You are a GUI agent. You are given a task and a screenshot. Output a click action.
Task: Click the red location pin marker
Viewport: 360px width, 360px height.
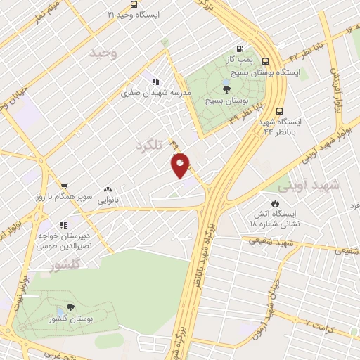(181, 165)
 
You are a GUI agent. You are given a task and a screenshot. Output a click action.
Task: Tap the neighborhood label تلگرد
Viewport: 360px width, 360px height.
(149, 146)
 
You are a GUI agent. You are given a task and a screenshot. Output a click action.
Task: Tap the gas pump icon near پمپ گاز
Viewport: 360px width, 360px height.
(241, 50)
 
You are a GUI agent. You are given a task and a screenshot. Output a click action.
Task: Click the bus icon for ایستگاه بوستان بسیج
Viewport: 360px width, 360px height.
(265, 61)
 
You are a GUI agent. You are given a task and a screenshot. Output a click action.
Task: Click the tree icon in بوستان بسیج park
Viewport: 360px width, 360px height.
(225, 89)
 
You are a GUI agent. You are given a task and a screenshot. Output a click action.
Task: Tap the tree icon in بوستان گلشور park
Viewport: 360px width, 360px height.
(70, 308)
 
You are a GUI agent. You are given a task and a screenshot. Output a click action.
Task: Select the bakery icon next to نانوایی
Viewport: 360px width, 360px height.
(108, 189)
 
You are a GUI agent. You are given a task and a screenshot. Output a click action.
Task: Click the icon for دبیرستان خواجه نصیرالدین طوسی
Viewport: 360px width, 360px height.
(63, 225)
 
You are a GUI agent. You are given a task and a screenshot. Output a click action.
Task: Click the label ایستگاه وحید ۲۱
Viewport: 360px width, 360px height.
(134, 14)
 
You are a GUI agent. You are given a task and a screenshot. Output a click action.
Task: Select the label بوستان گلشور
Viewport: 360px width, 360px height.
(70, 321)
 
